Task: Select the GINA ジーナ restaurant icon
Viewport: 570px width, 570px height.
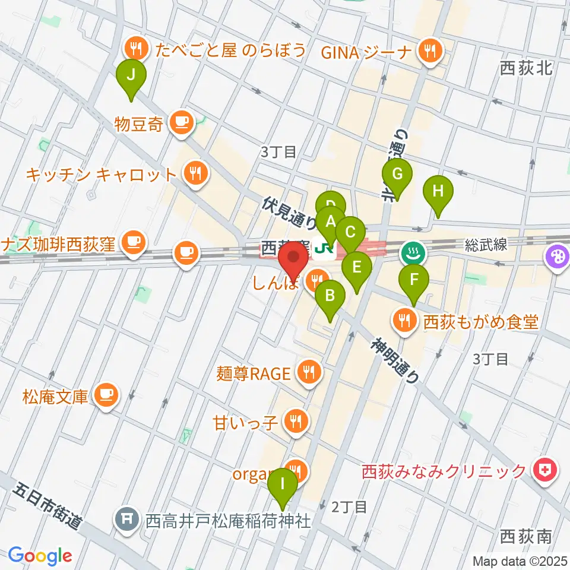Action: pyautogui.click(x=427, y=51)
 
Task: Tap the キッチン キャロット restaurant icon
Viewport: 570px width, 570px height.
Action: pyautogui.click(x=194, y=174)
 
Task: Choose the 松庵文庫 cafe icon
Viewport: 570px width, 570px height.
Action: pyautogui.click(x=107, y=394)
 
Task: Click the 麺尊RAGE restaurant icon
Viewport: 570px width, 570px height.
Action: pyautogui.click(x=309, y=373)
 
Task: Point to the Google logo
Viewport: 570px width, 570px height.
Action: pyautogui.click(x=40, y=556)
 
